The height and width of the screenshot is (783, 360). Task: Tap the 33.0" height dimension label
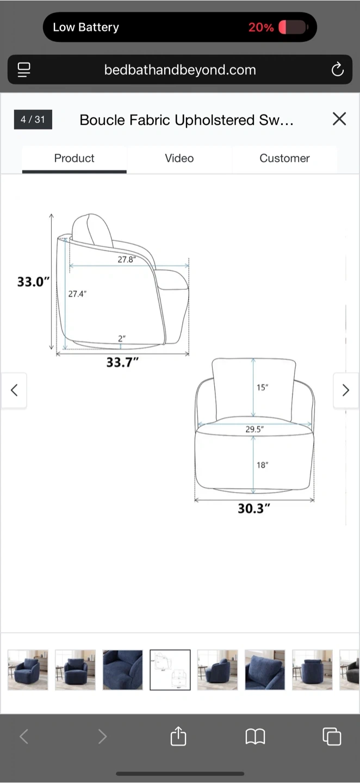[34, 282]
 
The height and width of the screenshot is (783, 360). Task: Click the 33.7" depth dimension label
[122, 362]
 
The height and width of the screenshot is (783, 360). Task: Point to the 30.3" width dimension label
[254, 508]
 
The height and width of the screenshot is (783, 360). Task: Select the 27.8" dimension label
[127, 259]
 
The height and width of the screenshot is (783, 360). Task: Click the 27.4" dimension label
[77, 294]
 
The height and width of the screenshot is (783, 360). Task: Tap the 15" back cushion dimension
[262, 387]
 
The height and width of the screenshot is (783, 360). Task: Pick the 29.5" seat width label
[255, 429]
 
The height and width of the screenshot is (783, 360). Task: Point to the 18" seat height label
[262, 465]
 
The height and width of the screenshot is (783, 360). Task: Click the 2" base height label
[122, 338]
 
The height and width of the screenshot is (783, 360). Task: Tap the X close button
[339, 119]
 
